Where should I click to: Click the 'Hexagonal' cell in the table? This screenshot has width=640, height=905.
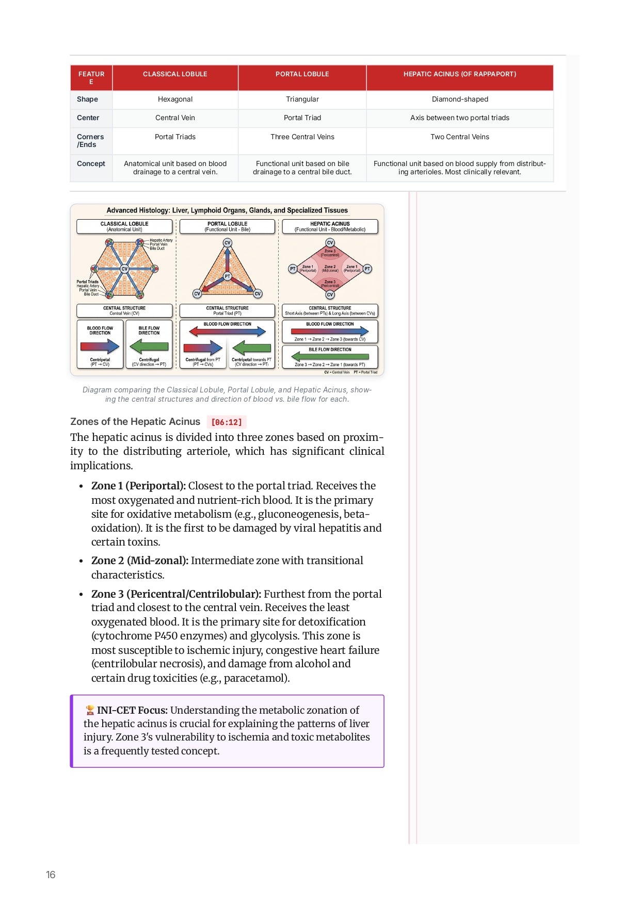tap(175, 99)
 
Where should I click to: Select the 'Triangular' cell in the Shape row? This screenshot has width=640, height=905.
tap(302, 99)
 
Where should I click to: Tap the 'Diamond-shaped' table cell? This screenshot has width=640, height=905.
tap(459, 99)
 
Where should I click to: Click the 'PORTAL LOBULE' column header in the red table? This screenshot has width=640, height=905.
tap(302, 74)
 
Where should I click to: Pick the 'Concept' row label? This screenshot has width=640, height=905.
tap(91, 163)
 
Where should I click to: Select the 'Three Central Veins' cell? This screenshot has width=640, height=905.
tap(302, 137)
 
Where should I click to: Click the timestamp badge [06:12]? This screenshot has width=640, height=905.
tap(226, 422)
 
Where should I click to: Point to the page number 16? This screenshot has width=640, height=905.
tap(51, 875)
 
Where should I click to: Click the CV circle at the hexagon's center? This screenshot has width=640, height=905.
tap(124, 269)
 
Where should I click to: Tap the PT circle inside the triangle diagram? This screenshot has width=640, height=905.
tap(227, 276)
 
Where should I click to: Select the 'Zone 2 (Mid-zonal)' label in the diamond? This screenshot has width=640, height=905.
tap(330, 268)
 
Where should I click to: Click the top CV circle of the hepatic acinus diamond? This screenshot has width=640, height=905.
tap(330, 243)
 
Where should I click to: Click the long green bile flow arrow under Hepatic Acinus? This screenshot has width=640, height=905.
tap(330, 356)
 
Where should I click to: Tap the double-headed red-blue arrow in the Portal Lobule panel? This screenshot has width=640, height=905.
tap(227, 332)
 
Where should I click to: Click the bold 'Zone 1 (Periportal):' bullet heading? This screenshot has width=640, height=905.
tap(138, 486)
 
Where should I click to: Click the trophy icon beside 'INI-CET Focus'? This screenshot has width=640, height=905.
tap(90, 711)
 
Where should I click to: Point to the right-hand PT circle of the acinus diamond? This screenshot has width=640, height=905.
tap(367, 269)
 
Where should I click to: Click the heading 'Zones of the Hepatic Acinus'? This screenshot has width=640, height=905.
tap(135, 422)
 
